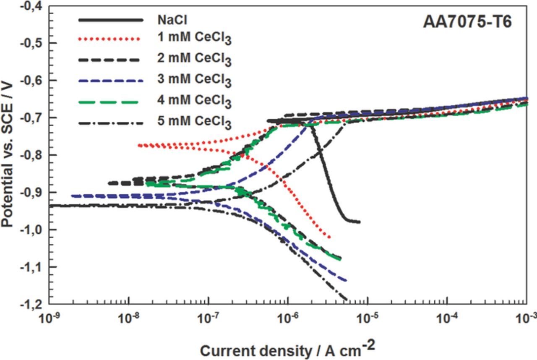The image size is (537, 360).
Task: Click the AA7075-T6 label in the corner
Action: click(x=467, y=22)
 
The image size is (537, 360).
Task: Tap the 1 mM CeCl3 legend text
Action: click(x=194, y=39)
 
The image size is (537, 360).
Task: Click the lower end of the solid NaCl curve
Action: click(x=359, y=222)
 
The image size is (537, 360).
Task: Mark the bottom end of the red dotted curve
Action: click(x=330, y=237)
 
